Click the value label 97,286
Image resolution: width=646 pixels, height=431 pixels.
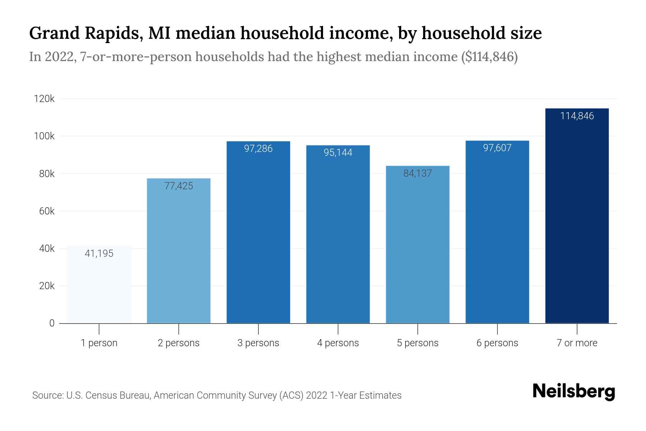[x=258, y=148]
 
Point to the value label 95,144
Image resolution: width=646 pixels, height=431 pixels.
[x=338, y=153]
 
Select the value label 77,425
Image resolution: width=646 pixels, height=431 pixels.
[x=179, y=186]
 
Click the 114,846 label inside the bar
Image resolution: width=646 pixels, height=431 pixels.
[x=577, y=116]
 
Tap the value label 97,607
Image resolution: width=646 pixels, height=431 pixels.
[x=497, y=148]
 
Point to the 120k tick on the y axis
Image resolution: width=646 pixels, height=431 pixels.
[x=44, y=99]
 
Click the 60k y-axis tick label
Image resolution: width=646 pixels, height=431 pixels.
[x=47, y=211]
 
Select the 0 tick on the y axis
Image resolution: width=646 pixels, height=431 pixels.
[x=52, y=323]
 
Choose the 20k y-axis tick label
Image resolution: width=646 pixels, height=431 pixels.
[x=47, y=286]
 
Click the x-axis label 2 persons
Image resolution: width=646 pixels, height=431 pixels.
[x=179, y=343]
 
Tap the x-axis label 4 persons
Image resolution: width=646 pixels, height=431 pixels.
[x=338, y=343]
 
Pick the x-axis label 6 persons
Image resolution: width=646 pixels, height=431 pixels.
[x=497, y=343]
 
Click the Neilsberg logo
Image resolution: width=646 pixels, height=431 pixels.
[x=574, y=391]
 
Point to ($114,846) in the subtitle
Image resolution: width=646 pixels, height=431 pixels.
[x=489, y=57]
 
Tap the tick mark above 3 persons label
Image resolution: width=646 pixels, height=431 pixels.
[x=258, y=329]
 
